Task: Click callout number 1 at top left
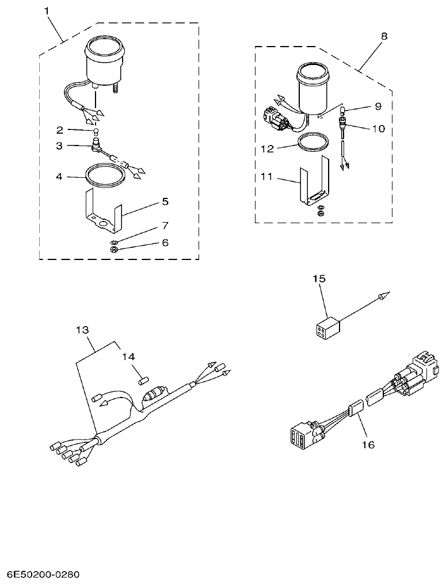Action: click(x=48, y=10)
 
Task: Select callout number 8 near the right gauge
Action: click(x=384, y=36)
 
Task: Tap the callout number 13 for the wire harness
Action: click(x=83, y=330)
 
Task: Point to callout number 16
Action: click(x=368, y=445)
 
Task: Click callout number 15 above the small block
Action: click(x=319, y=278)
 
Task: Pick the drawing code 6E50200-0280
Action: click(x=44, y=575)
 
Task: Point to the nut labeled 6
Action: click(x=114, y=250)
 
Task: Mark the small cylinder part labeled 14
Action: click(x=144, y=380)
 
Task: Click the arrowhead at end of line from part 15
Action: click(x=384, y=297)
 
